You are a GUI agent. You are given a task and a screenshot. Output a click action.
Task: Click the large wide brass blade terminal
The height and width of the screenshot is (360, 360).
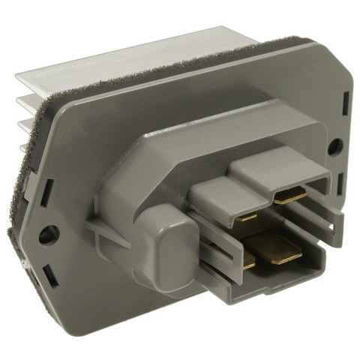(x=276, y=247)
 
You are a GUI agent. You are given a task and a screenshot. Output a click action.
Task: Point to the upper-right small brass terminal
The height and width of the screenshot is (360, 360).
(x=289, y=196)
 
